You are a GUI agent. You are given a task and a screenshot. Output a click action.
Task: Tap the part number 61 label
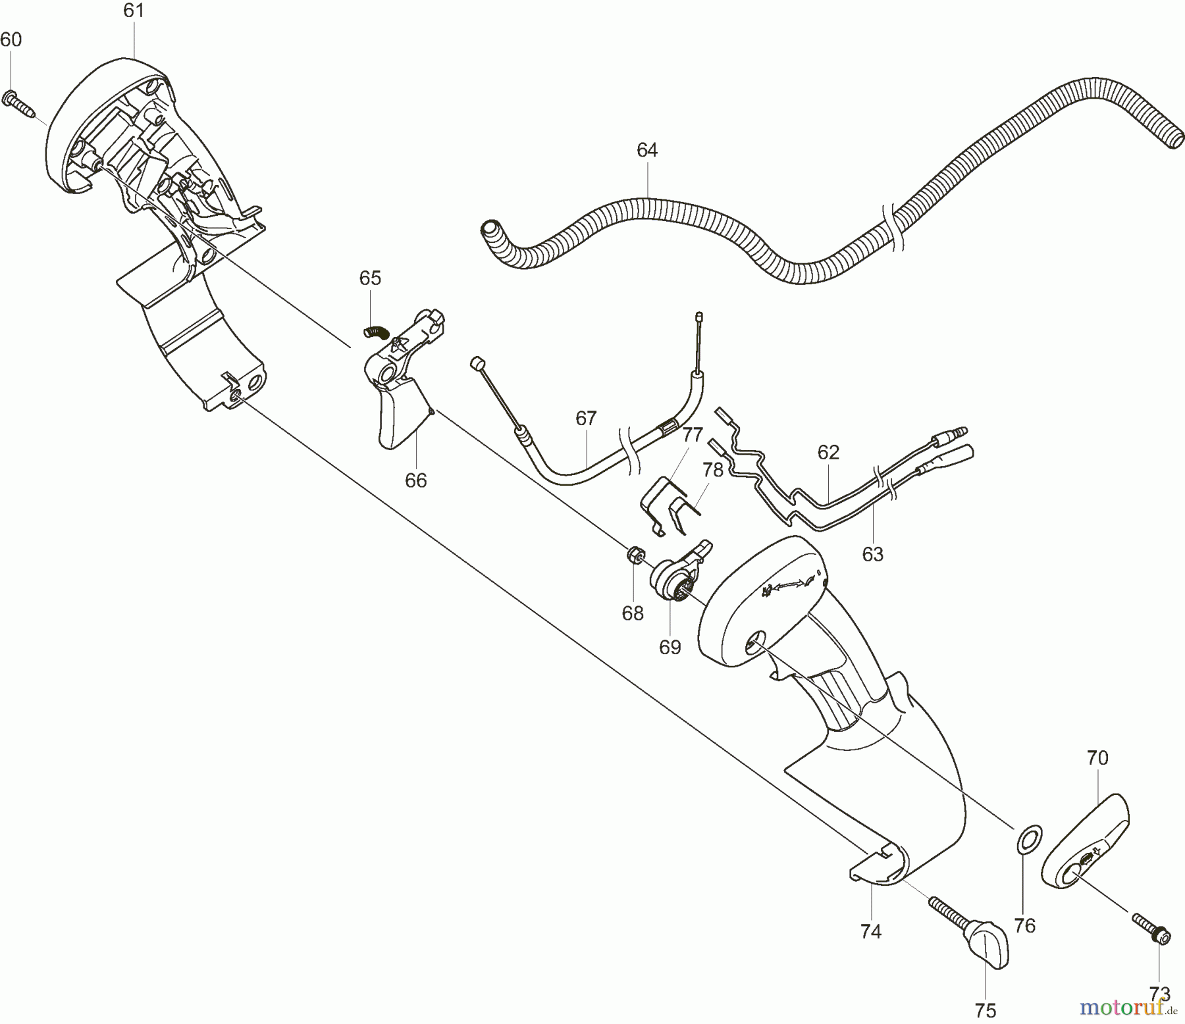[134, 11]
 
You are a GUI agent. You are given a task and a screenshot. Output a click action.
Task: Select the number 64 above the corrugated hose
[647, 151]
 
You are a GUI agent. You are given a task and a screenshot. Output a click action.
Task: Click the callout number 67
[586, 419]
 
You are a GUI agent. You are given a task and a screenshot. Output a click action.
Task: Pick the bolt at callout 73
[1150, 939]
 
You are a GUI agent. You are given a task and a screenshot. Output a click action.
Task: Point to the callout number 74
[870, 931]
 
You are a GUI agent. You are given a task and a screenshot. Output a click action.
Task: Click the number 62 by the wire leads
[828, 452]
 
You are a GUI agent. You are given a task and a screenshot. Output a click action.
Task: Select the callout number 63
[872, 554]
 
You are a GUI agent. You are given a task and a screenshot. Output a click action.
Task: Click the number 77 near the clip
[692, 435]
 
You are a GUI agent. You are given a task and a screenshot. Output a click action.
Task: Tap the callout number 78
[712, 470]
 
